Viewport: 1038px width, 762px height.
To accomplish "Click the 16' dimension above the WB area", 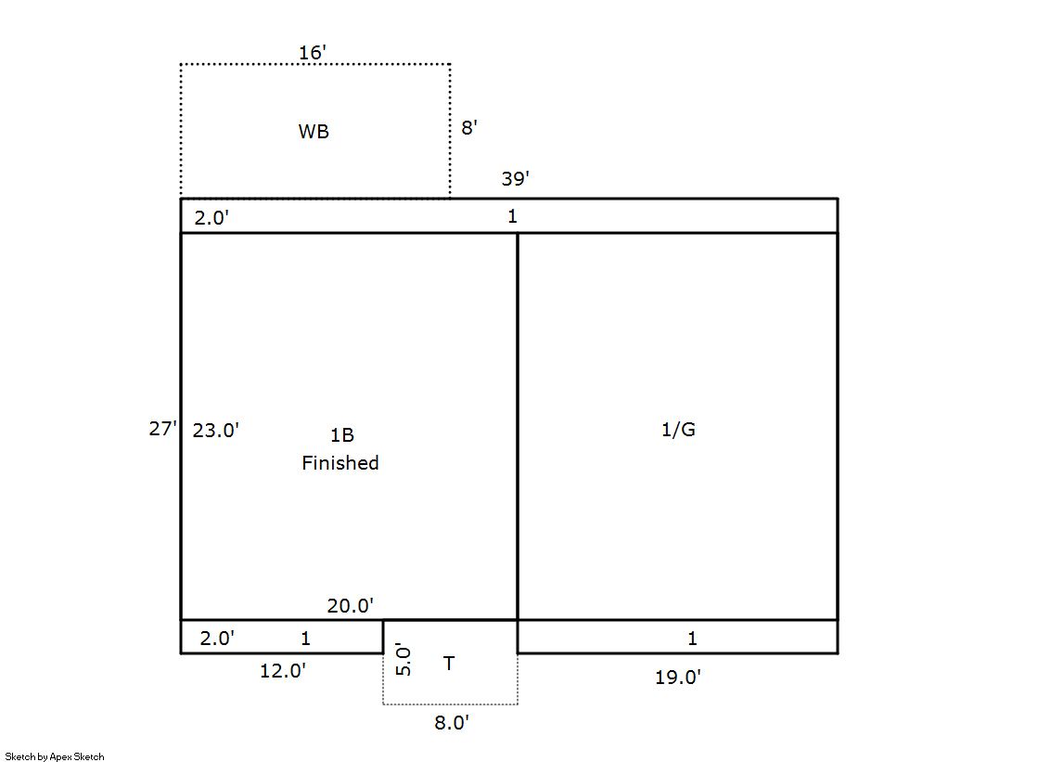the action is click(x=313, y=52).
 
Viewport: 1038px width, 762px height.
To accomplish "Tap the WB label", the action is click(x=314, y=131).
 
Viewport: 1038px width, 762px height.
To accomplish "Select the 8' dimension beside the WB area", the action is click(x=469, y=127).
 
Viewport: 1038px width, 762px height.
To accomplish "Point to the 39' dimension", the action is click(x=515, y=178).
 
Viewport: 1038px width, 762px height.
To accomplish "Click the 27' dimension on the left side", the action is click(x=163, y=429).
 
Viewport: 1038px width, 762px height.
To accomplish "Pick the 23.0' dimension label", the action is click(x=216, y=430).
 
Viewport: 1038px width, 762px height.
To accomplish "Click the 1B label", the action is click(x=342, y=434).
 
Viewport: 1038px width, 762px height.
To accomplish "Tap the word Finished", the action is click(x=340, y=462).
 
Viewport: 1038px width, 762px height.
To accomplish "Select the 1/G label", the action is click(x=678, y=430).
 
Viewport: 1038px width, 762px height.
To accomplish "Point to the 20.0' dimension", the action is click(x=351, y=605).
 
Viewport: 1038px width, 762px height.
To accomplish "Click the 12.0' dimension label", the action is click(x=283, y=670).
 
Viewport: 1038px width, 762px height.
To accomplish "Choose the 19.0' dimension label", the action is click(x=678, y=678).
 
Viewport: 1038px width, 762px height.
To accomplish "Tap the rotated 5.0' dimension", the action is click(x=404, y=659).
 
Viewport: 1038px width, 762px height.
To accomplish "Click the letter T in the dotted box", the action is click(x=449, y=664).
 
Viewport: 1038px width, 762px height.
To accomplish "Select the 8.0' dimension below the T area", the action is click(x=452, y=722).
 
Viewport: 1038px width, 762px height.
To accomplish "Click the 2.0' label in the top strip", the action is click(x=211, y=217).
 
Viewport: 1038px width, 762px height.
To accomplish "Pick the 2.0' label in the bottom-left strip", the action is click(x=217, y=638).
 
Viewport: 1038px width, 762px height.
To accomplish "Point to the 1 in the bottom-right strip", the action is click(x=692, y=638).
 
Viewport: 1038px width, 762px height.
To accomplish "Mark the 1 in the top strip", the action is click(x=512, y=216).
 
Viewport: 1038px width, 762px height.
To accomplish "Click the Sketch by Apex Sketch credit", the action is click(x=55, y=756).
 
